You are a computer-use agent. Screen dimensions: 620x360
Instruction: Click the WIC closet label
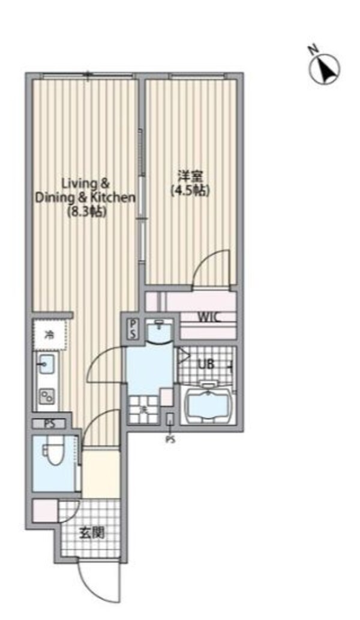pos(209,318)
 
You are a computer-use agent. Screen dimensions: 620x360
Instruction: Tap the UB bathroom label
pos(206,365)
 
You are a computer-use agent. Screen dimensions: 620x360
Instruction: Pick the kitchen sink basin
pos(46,363)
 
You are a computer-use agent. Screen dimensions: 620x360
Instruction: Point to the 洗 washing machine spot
pos(143,408)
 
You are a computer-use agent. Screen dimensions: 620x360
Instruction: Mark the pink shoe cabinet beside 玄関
pos(45,511)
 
